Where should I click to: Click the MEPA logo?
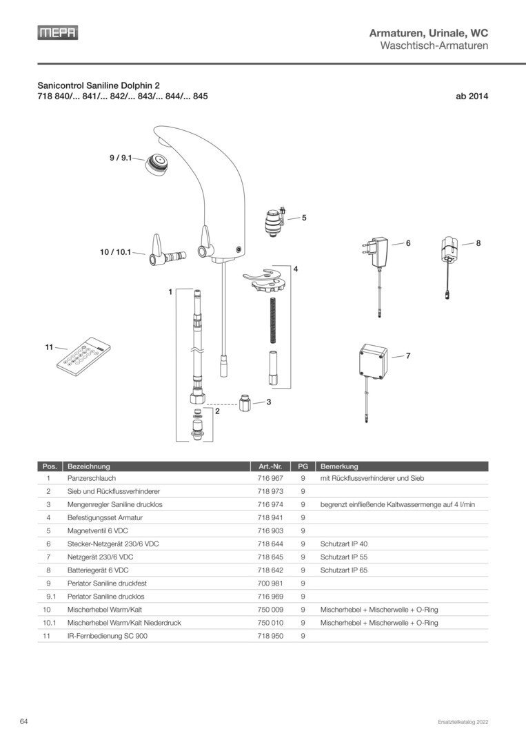(57, 32)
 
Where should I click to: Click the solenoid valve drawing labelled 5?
(275, 221)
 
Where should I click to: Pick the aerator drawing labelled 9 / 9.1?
(159, 165)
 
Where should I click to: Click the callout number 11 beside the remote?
(48, 349)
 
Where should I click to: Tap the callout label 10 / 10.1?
(114, 253)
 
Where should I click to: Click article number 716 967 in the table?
(270, 477)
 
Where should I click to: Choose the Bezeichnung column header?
(89, 466)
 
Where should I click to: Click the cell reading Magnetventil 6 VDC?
(97, 530)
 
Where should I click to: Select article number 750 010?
(270, 623)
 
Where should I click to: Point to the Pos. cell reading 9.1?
(50, 597)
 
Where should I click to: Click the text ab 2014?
(472, 97)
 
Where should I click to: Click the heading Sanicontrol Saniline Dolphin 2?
(103, 86)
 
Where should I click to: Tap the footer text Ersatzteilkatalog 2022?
(463, 722)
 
